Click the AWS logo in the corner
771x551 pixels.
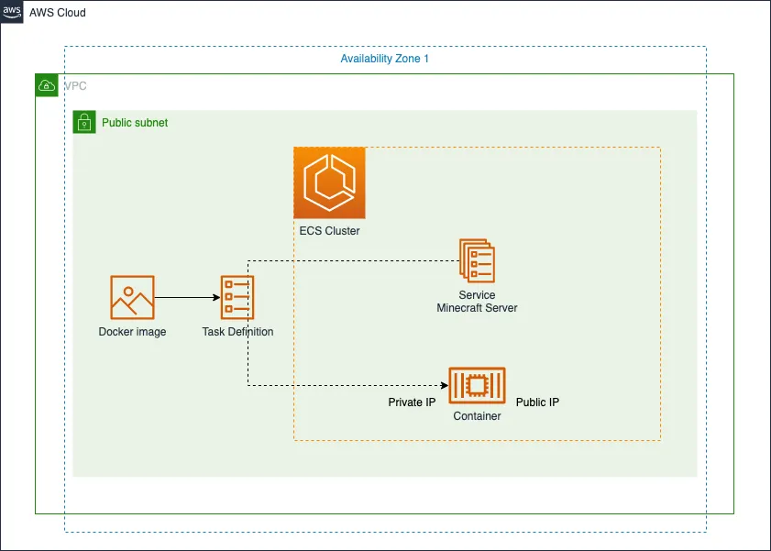12,12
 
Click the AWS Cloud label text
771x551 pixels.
58,13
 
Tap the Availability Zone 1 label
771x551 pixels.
384,59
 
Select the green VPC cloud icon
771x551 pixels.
47,86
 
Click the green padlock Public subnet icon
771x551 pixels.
84,122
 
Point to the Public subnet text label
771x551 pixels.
135,123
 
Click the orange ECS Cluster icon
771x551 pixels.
329,182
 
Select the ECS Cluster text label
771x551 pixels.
329,231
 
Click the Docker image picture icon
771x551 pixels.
132,297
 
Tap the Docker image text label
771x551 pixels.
132,332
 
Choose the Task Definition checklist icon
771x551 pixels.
237,297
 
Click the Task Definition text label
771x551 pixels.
237,332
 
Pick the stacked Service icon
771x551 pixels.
477,260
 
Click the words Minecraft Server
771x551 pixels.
477,308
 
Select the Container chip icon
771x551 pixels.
477,385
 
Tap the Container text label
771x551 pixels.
477,416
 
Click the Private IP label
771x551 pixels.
412,402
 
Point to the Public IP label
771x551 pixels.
537,402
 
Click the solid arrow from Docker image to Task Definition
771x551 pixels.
187,297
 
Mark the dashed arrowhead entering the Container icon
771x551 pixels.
443,385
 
